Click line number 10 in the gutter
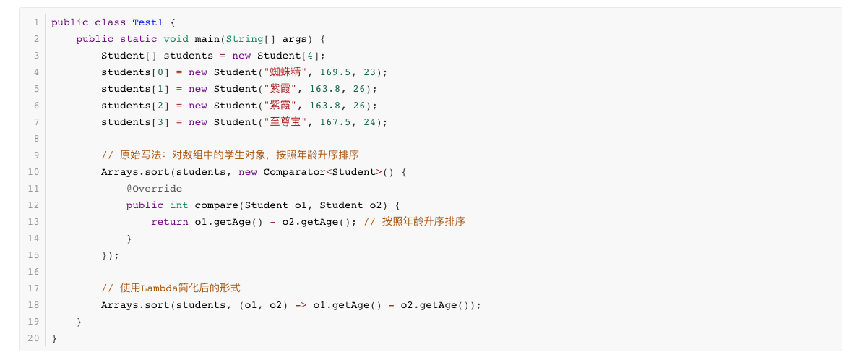33,172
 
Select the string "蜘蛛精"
286,72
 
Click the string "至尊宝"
286,122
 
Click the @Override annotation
154,189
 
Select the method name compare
216,205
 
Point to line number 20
33,338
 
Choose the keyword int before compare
178,205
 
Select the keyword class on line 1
110,22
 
